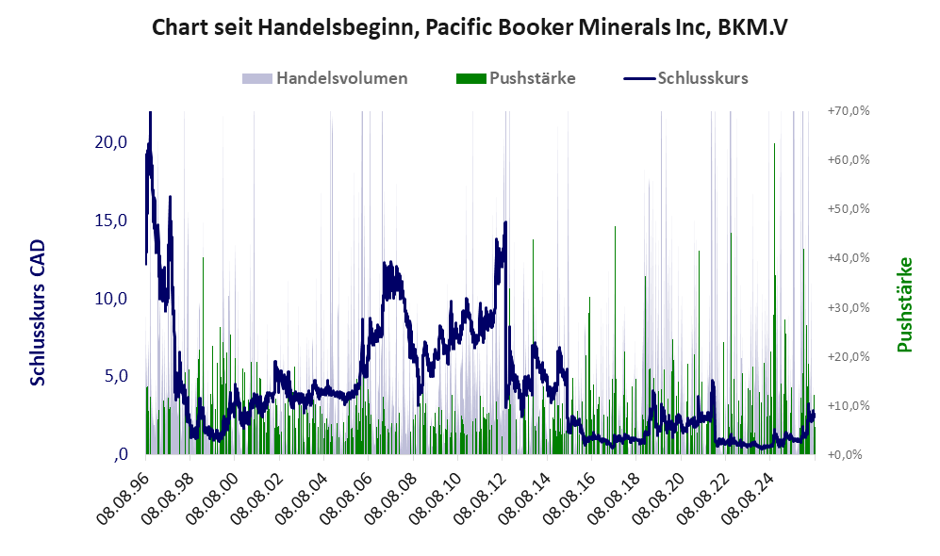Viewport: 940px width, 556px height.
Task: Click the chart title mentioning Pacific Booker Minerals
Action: click(x=470, y=27)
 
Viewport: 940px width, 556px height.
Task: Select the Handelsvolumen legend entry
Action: click(x=325, y=78)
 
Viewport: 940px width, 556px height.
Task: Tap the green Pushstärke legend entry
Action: click(x=516, y=78)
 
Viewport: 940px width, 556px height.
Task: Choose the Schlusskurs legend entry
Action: click(x=685, y=78)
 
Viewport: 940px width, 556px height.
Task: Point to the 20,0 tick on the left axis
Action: click(x=111, y=142)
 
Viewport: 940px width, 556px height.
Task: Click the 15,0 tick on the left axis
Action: click(x=111, y=221)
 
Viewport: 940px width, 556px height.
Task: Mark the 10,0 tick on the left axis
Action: click(x=111, y=299)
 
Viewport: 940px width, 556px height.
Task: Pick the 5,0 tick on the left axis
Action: click(x=116, y=376)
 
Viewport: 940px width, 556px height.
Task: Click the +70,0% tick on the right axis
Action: click(x=849, y=111)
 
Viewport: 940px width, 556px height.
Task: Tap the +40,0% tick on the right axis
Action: click(x=849, y=257)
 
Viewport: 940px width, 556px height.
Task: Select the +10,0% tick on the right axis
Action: click(x=849, y=405)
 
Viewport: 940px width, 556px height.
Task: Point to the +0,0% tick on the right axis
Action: click(x=845, y=455)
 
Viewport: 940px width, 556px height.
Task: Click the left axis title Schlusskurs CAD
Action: click(x=37, y=313)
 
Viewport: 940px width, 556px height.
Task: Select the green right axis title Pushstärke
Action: click(x=904, y=305)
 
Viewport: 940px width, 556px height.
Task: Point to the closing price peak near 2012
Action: click(x=506, y=222)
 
